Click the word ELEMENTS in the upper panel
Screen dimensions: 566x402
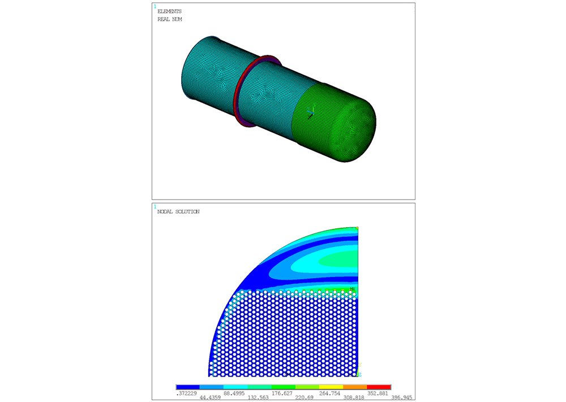pos(169,11)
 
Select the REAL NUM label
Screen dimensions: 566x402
pos(170,19)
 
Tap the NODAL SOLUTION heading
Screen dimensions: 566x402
pos(178,211)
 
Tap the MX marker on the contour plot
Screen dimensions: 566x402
pos(352,289)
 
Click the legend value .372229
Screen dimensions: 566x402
pos(186,394)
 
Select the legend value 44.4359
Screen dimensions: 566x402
pos(210,397)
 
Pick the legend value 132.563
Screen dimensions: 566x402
pos(258,397)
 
